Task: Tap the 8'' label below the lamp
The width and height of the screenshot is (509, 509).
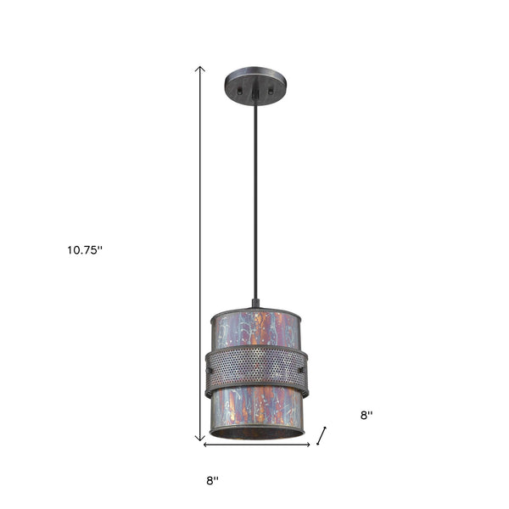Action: tap(212, 480)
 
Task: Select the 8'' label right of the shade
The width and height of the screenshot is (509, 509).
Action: tap(367, 416)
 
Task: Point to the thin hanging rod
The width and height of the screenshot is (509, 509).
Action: tap(255, 195)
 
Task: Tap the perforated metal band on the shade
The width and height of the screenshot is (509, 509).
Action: tap(255, 366)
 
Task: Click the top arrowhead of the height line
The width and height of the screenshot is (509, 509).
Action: tap(201, 68)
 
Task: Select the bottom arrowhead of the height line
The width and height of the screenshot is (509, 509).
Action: tap(201, 438)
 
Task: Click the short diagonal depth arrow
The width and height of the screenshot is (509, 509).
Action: tap(322, 436)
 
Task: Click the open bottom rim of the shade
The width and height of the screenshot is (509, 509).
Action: tap(255, 433)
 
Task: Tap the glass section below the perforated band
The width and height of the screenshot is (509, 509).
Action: tap(255, 407)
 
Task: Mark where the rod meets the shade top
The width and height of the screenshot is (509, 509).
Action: tap(255, 304)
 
